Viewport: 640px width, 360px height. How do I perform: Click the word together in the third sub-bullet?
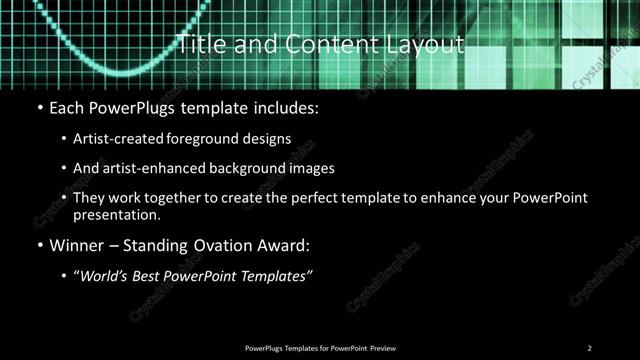(178, 198)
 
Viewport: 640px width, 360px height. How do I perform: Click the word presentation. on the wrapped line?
(113, 214)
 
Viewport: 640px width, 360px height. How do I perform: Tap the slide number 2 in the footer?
(589, 347)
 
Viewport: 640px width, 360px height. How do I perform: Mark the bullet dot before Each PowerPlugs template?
(39, 107)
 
